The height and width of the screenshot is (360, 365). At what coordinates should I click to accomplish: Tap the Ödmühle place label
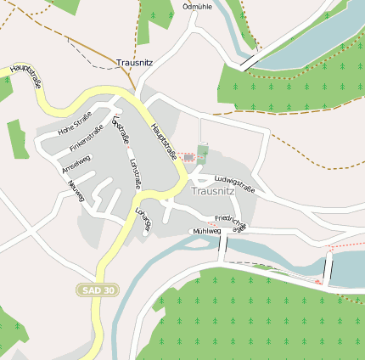197,6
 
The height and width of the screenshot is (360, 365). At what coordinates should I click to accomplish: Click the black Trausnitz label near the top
133,63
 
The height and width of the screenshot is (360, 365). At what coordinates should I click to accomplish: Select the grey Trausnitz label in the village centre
212,191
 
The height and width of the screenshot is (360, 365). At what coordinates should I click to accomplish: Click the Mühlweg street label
206,231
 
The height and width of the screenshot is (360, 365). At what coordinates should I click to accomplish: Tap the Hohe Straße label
74,127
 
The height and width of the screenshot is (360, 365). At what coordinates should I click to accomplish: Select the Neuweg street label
76,192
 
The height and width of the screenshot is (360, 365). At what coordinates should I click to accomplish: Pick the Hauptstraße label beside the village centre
163,141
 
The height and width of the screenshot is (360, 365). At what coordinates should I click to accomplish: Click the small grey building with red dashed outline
188,157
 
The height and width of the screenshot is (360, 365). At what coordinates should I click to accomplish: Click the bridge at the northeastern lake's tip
248,62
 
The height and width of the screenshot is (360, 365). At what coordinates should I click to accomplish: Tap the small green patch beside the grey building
202,154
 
